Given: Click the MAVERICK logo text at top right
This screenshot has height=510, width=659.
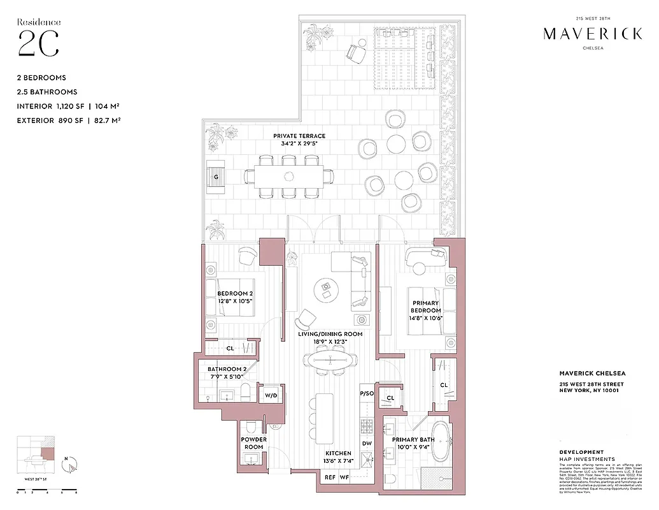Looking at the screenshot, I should click(x=592, y=34).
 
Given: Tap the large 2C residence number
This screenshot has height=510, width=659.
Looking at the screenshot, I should click(x=38, y=43).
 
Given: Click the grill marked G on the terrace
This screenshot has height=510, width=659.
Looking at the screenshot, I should click(x=216, y=177).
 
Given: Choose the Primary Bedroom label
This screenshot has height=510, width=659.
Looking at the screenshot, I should click(x=427, y=307).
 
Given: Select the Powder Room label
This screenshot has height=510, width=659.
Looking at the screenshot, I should click(x=253, y=443).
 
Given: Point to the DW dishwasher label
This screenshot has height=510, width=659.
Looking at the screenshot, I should click(x=367, y=443).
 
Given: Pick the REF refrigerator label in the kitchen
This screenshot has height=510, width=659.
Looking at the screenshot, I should click(x=330, y=476).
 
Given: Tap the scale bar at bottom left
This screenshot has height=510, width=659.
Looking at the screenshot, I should click(x=47, y=492).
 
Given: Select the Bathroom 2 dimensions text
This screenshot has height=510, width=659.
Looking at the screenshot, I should click(x=226, y=377).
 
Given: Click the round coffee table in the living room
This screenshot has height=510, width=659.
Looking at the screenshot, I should click(x=327, y=290).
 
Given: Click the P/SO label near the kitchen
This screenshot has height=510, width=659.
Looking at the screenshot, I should click(x=367, y=394).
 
